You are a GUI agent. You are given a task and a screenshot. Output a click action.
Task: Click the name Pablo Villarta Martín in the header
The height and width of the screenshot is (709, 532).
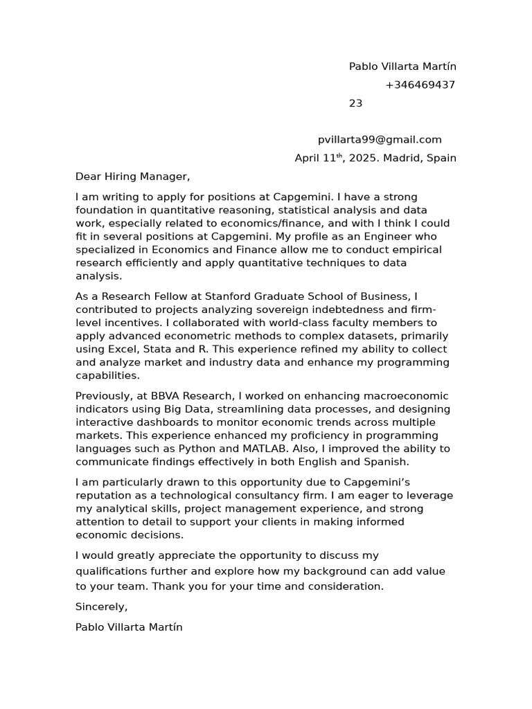click(402, 66)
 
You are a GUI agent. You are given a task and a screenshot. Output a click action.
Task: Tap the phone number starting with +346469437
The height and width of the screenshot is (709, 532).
click(420, 85)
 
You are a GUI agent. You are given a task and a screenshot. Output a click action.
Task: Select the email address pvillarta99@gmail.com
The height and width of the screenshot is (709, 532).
click(380, 140)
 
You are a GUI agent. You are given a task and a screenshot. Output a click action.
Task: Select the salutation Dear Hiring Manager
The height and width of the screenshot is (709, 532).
click(132, 177)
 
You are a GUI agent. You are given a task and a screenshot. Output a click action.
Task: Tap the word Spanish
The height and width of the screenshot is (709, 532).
click(384, 462)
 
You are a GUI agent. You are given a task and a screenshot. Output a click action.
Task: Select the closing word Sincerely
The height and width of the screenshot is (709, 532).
click(101, 607)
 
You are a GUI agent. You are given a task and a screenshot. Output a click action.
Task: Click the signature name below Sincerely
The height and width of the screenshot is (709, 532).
click(129, 627)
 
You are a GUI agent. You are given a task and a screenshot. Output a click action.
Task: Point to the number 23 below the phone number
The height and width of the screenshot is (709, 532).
click(355, 104)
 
